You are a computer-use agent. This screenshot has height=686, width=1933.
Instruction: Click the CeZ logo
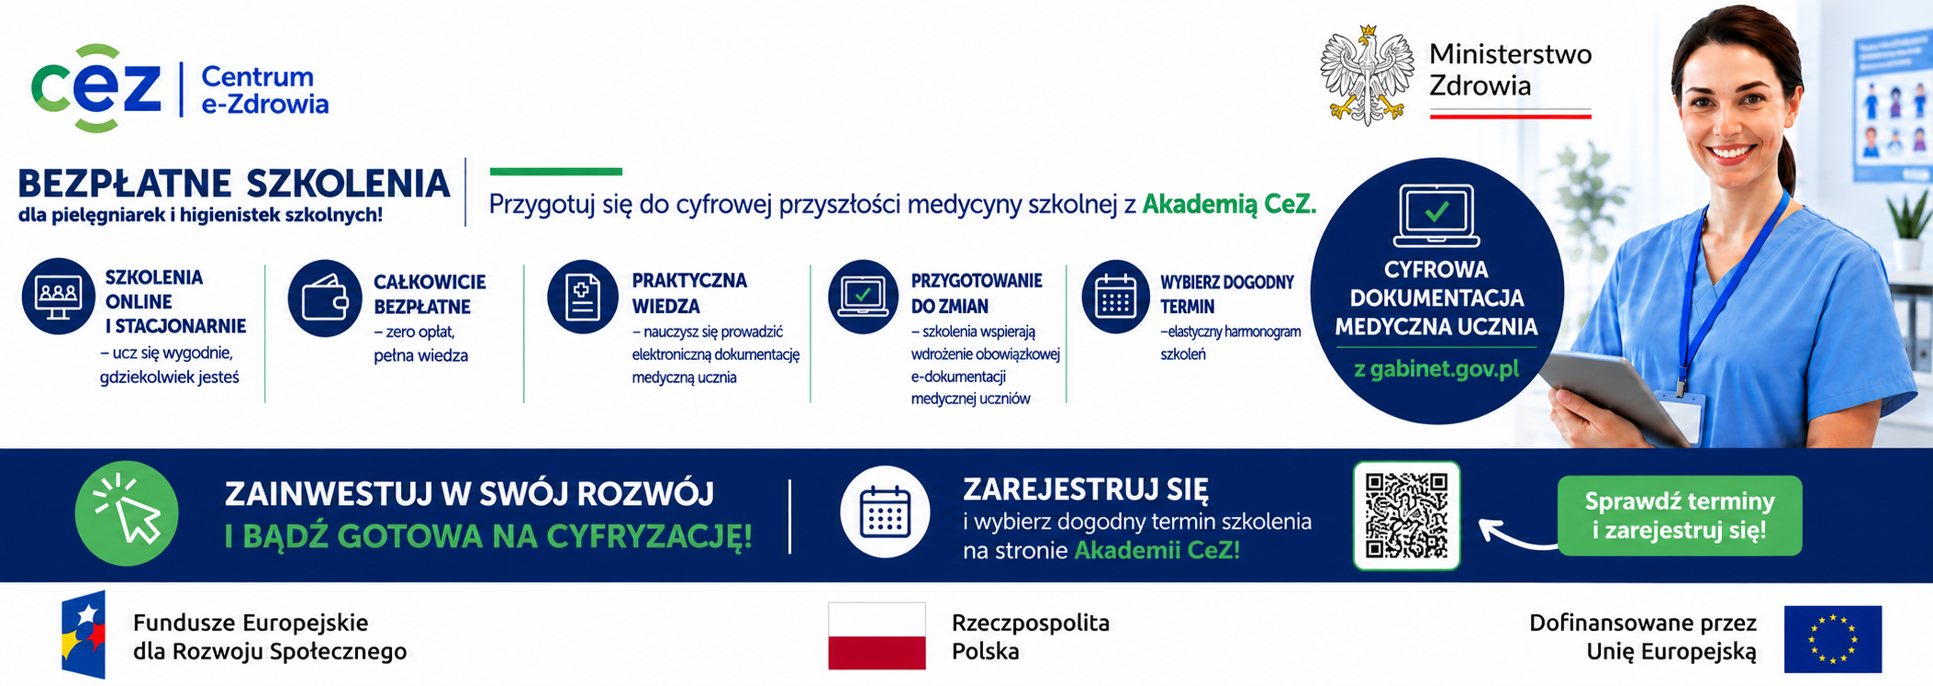click(96, 88)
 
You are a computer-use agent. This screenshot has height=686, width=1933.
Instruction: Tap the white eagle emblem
click(1368, 75)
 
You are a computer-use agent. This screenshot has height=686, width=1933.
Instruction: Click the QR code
click(1406, 515)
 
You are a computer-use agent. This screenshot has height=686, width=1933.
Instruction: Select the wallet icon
click(325, 298)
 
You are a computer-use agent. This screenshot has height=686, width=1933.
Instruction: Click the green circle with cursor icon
click(127, 513)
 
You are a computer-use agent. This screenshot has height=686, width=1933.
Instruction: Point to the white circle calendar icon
click(885, 512)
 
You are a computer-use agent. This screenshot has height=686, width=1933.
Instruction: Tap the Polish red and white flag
click(877, 635)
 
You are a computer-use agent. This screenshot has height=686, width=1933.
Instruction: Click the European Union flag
click(1833, 639)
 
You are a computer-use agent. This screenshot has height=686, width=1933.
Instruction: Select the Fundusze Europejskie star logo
click(84, 635)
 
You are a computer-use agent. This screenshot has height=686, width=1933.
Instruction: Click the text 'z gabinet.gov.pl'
click(1436, 369)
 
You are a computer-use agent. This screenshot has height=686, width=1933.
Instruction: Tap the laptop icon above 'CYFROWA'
click(1436, 216)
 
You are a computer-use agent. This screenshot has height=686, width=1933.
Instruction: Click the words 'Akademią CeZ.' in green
click(1229, 204)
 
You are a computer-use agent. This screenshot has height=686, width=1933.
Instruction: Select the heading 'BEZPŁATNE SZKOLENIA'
click(234, 184)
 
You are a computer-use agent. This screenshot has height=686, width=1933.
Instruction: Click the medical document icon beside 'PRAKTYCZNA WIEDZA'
click(583, 297)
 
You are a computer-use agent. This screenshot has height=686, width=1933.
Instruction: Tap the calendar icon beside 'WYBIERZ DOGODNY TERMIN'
click(1116, 297)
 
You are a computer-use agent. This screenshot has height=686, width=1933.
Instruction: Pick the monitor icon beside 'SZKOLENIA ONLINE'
click(59, 296)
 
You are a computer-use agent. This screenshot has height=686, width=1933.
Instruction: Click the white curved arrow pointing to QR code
click(1517, 534)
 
